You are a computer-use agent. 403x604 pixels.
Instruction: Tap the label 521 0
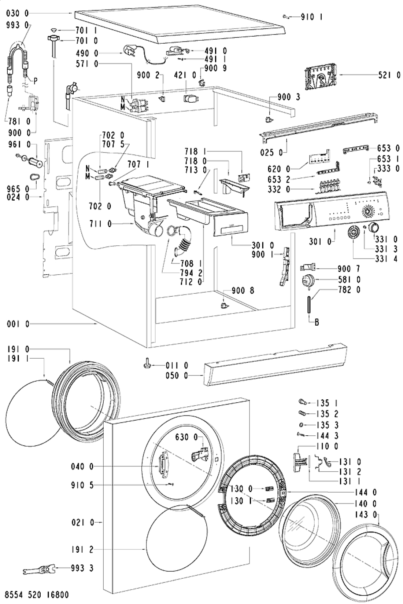tap(389, 76)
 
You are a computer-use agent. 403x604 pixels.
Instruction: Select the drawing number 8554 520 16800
tap(37, 594)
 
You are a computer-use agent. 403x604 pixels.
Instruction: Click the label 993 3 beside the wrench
tap(82, 568)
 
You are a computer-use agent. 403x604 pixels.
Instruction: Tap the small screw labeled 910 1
tap(286, 17)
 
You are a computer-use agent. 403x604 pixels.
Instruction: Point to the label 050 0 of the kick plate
tap(177, 375)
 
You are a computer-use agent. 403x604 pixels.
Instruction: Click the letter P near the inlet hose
tap(35, 81)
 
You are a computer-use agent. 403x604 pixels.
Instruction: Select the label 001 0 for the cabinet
tap(18, 324)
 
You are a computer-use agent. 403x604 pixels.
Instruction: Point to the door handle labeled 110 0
tap(300, 462)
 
